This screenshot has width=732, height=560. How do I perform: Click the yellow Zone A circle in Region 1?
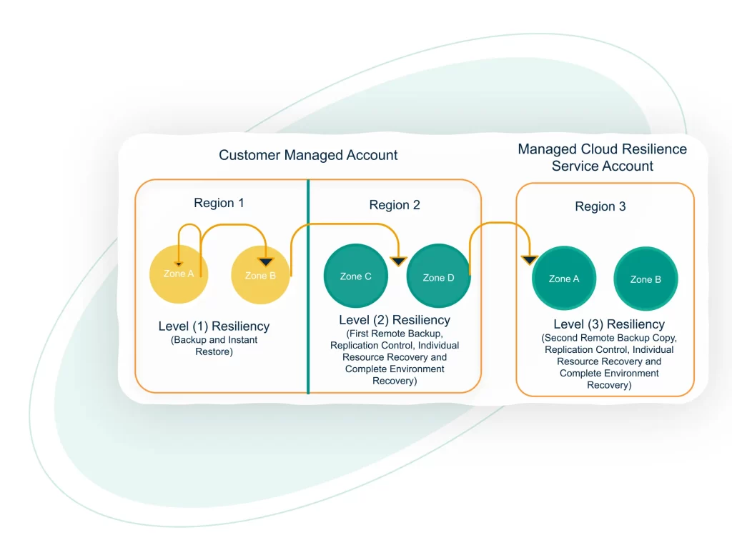click(179, 275)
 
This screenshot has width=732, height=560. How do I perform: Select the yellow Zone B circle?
click(261, 276)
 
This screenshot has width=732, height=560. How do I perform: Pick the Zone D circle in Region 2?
click(438, 278)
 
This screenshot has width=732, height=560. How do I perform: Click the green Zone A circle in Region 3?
click(564, 279)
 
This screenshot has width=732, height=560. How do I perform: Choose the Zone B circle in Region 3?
click(646, 279)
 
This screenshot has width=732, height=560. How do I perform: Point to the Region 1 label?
click(219, 203)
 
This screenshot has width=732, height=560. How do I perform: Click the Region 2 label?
click(395, 205)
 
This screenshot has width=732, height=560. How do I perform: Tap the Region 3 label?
click(600, 206)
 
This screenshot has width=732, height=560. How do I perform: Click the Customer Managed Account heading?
click(308, 155)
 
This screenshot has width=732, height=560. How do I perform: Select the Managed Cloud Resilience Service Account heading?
click(602, 158)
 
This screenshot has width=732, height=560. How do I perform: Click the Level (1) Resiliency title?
click(214, 326)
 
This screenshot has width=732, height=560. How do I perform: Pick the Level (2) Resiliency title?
click(395, 320)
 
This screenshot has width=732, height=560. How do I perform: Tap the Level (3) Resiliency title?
click(609, 324)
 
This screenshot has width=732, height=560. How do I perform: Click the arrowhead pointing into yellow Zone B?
click(266, 262)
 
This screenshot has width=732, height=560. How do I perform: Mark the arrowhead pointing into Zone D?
click(398, 261)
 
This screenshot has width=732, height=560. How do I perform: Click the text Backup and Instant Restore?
click(214, 346)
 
